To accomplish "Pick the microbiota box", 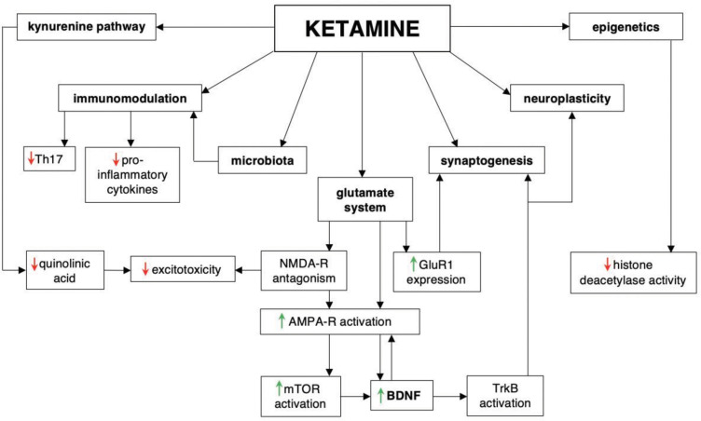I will pyautogui.click(x=262, y=161).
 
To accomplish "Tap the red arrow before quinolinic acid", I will pyautogui.click(x=33, y=263).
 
